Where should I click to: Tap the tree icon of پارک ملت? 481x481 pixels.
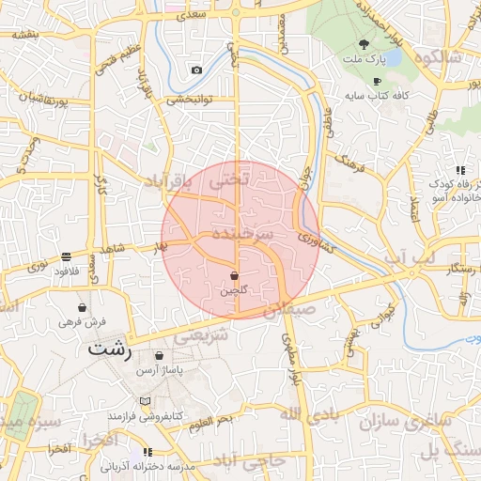[x=364, y=44]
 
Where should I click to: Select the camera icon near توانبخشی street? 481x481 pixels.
[x=196, y=70]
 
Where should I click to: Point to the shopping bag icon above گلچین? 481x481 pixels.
[x=233, y=275]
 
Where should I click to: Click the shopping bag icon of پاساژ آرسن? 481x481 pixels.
[x=159, y=356]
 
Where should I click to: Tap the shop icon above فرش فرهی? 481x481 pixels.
[x=83, y=307]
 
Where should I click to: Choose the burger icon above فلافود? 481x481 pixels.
[x=66, y=256]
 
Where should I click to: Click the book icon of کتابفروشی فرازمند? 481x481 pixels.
[x=144, y=400]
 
